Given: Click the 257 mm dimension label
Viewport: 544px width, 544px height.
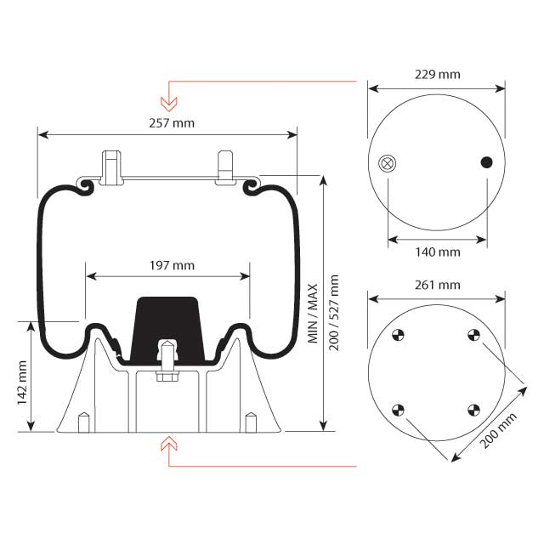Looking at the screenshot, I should [171, 123].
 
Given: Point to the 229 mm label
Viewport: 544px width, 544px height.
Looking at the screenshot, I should [437, 74].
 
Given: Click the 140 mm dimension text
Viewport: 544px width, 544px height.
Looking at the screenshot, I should [437, 252].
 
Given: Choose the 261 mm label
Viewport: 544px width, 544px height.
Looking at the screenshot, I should [437, 285].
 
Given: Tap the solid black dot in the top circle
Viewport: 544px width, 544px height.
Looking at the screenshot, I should [487, 162].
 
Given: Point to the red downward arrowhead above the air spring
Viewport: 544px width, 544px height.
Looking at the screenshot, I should [169, 105].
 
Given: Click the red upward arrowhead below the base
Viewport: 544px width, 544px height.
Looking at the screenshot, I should [169, 443].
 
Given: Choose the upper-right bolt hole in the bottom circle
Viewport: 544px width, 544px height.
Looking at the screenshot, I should [474, 335].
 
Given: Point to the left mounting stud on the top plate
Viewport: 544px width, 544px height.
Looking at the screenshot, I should [110, 167].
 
